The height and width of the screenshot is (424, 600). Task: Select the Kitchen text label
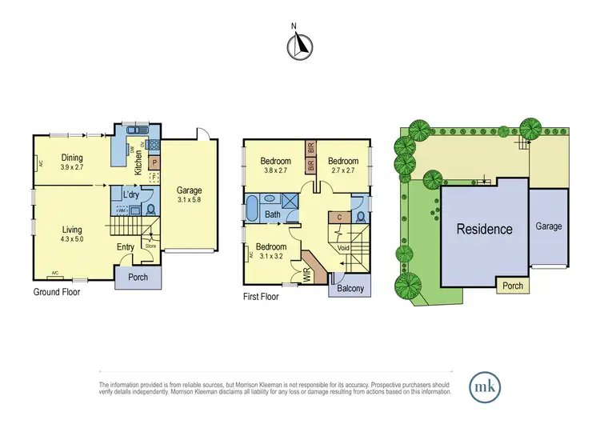[138, 162]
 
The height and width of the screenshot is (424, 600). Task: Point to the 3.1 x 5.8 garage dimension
[189, 202]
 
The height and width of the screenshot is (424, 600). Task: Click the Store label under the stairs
[150, 245]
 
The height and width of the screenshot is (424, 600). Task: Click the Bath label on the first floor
[272, 214]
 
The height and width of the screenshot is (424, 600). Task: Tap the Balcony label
[349, 288]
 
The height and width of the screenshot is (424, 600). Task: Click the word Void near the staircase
[345, 248]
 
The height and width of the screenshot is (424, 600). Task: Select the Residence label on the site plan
[484, 229]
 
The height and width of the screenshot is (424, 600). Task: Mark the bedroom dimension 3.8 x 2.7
[277, 170]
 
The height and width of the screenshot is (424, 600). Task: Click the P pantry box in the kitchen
[154, 160]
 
